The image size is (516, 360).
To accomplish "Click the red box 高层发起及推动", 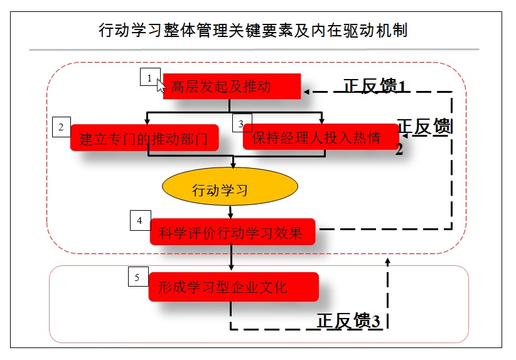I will (x=232, y=87).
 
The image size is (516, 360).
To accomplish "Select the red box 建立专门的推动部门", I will (x=144, y=138).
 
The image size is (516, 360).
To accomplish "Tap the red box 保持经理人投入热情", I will (x=321, y=138).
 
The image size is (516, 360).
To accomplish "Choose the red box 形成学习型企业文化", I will (x=234, y=287).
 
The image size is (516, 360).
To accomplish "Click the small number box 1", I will (x=149, y=78).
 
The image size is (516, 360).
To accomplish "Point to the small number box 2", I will (x=62, y=127).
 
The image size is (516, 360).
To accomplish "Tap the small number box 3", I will (x=242, y=123).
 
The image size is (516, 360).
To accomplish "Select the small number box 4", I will (x=140, y=221).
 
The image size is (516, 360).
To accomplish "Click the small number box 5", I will (x=138, y=277).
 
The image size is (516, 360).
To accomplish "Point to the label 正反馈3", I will (x=348, y=320).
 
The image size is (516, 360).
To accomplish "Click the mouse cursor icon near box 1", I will (x=161, y=85).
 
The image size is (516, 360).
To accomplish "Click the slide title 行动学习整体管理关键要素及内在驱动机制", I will (x=254, y=30).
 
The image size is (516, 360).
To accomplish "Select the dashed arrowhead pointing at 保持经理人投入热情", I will (x=405, y=135).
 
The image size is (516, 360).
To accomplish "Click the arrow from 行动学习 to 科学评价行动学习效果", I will (x=231, y=213).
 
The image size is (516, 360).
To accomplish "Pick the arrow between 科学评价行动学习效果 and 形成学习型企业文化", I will (x=232, y=258).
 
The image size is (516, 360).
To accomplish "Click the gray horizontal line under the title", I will (x=254, y=50).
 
